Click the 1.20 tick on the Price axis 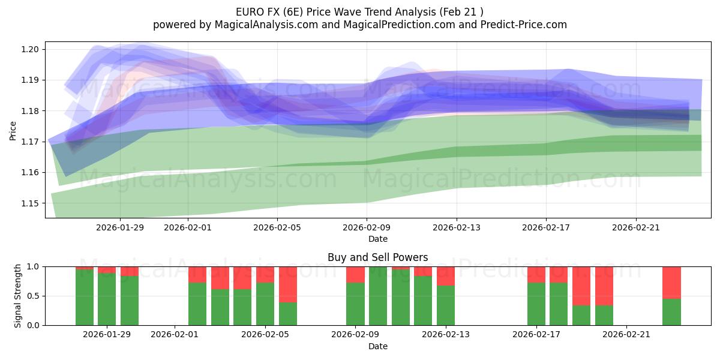pos(29,49)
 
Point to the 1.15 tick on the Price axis pos(29,203)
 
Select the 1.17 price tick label pos(29,142)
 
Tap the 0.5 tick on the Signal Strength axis pos(34,296)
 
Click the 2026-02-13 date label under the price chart pos(457,227)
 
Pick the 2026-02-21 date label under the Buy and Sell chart pos(626,334)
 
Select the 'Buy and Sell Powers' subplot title pos(377,257)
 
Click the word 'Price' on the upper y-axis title pos(13,131)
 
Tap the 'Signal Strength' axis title pos(18,296)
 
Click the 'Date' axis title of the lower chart pos(377,346)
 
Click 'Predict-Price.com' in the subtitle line pos(524,25)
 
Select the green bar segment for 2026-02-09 pos(355,304)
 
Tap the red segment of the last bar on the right pos(671,282)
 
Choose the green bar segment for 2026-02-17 pos(536,304)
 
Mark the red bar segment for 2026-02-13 pos(446,276)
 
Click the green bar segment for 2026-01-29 pos(107,299)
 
